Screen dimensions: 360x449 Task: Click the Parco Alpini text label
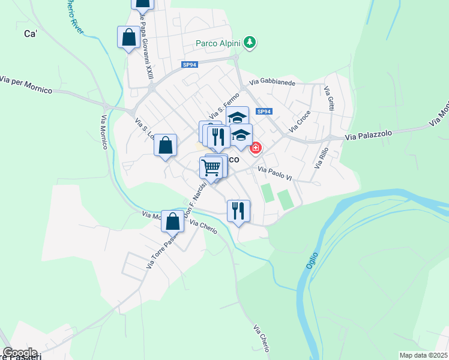[x=218, y=43]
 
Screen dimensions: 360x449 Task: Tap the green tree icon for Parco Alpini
[x=252, y=43]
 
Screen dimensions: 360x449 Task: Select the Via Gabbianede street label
[x=273, y=82]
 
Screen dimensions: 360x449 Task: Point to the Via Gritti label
[x=330, y=99]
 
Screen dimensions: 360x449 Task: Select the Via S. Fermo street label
[x=224, y=105]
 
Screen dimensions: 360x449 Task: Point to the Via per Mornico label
[x=26, y=85]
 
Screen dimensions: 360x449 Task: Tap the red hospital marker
[x=256, y=147]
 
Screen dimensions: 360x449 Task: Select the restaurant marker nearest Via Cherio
[x=238, y=211]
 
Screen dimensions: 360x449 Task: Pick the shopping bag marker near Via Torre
[x=172, y=221]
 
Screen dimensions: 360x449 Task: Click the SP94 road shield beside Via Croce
[x=264, y=112]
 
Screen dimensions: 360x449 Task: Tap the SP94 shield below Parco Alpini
[x=189, y=64]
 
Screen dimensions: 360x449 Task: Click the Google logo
[x=19, y=353]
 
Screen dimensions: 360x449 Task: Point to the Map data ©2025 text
[x=423, y=355]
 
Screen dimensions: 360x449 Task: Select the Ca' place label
[x=31, y=34]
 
